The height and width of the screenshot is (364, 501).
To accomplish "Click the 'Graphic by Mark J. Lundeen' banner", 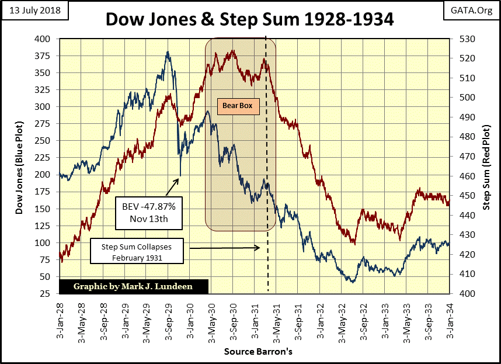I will click(x=134, y=286).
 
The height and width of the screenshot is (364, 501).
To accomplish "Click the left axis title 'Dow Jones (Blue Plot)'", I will click(x=19, y=165).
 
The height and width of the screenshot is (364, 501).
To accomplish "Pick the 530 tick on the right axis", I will click(x=461, y=39).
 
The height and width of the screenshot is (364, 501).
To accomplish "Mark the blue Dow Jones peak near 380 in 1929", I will click(x=168, y=52).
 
